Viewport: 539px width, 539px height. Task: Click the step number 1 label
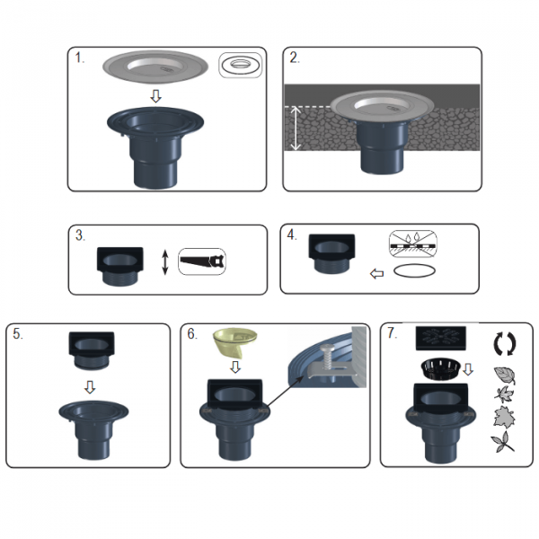79,58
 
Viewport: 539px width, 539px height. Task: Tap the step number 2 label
295,57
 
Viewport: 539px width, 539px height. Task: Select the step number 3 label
80,235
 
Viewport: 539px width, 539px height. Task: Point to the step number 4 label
292,234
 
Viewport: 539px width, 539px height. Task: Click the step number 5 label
18,334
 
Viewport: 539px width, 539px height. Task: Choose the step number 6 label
192,334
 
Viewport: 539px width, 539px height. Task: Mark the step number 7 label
392,332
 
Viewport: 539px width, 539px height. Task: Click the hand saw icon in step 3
202,261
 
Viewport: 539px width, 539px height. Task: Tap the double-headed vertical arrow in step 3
165,262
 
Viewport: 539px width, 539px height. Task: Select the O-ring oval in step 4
414,270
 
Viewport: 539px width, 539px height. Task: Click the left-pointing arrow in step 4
376,274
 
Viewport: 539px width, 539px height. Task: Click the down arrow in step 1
155,96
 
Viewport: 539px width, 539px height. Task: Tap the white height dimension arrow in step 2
296,128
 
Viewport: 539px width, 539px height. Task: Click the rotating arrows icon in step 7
505,343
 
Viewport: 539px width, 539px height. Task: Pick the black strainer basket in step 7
440,369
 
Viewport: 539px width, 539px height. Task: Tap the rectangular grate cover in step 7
441,339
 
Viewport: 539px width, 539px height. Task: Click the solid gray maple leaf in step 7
504,417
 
